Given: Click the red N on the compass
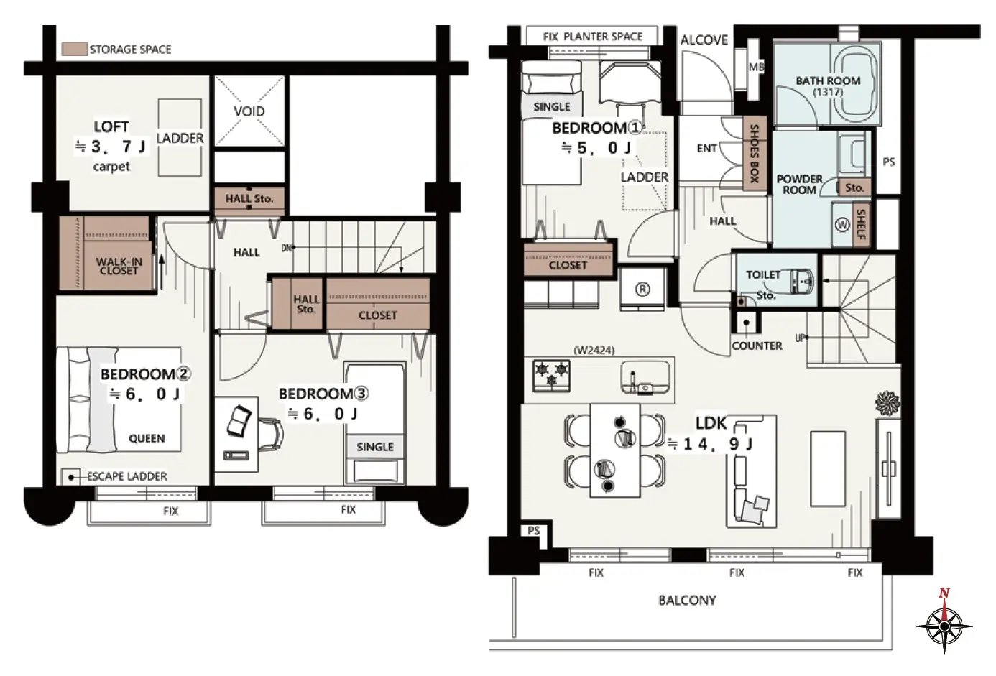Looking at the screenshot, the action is point(944,593).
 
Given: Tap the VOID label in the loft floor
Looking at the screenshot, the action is point(249,111).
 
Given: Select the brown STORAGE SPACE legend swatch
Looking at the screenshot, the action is point(74,49).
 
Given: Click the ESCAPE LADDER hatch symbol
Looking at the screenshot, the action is point(70,477).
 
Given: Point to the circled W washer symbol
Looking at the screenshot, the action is point(842,225).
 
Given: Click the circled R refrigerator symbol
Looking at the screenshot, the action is point(642,290).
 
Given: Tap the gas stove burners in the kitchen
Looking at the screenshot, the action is point(551,375).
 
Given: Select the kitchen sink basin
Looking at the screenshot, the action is point(645,377).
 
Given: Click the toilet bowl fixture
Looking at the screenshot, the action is point(801,281).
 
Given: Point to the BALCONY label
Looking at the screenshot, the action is point(687,601).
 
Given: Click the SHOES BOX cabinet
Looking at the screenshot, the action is point(755,153).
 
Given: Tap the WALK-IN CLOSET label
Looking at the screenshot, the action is point(119,267).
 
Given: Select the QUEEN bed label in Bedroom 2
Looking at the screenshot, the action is point(147,439).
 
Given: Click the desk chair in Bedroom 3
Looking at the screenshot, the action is point(270,434).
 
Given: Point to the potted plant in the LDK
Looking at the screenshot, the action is point(887,403).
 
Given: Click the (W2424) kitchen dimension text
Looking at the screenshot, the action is point(594,351).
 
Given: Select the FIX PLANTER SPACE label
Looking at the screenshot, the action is point(593,37).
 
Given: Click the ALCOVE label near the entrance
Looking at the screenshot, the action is point(704,40).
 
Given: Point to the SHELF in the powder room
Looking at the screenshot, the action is point(861,224).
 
